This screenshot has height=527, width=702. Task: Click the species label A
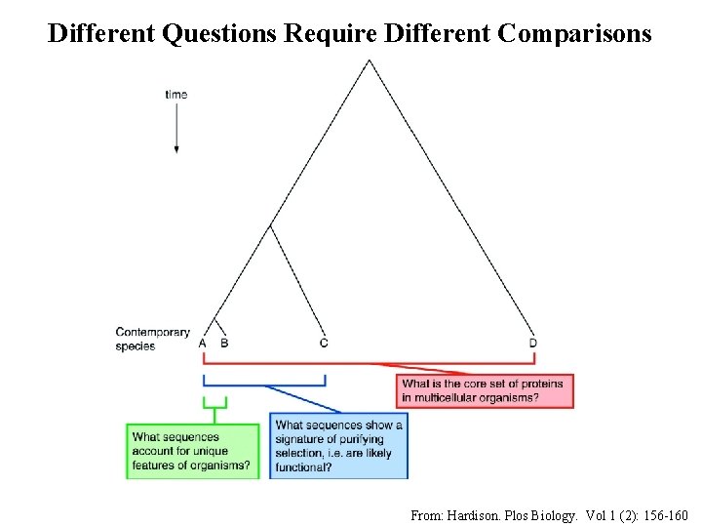coord(203,343)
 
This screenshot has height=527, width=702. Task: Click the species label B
coord(224,343)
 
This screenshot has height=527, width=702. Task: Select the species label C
coord(324,343)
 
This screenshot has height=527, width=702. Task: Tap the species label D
coord(533,343)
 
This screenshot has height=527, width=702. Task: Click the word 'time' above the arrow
coord(176,94)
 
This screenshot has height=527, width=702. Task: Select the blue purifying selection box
coord(338,446)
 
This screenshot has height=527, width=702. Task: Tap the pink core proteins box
coord(486,390)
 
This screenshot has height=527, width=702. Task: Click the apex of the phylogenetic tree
coord(368,61)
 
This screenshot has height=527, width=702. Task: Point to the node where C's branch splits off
coord(271,225)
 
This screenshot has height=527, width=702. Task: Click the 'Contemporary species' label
coord(152,339)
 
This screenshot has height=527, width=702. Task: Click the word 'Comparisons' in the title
coord(574,33)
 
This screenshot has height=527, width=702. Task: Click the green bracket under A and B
coord(214,401)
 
